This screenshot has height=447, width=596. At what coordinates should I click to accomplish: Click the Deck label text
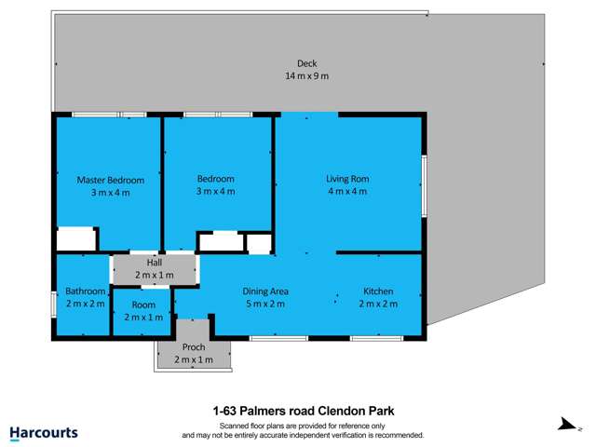click(x=306, y=63)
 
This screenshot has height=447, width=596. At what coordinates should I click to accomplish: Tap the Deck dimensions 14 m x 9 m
click(x=306, y=75)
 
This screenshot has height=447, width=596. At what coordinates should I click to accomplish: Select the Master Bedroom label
click(x=110, y=180)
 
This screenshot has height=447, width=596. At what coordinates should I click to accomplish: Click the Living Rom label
click(x=346, y=179)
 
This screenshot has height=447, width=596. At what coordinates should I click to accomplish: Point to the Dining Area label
click(x=264, y=291)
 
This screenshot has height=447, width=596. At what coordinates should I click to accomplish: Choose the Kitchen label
click(x=378, y=291)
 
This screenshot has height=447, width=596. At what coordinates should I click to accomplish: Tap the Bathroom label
click(x=86, y=291)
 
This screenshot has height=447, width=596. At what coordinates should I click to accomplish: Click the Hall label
click(x=155, y=264)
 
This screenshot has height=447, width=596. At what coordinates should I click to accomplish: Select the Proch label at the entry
click(x=193, y=347)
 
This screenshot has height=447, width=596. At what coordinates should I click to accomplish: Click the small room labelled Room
click(x=143, y=305)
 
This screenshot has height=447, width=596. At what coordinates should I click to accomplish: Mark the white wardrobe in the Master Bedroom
click(x=76, y=239)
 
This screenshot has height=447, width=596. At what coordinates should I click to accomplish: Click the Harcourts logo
click(x=43, y=433)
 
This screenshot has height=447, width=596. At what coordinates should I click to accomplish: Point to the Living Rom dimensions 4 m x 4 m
click(x=346, y=191)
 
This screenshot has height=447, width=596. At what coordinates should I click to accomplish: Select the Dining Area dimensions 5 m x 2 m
click(x=264, y=304)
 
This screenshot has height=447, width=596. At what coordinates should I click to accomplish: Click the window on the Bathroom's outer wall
click(x=54, y=305)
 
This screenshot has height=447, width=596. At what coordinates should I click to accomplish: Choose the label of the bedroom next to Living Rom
click(x=215, y=179)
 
